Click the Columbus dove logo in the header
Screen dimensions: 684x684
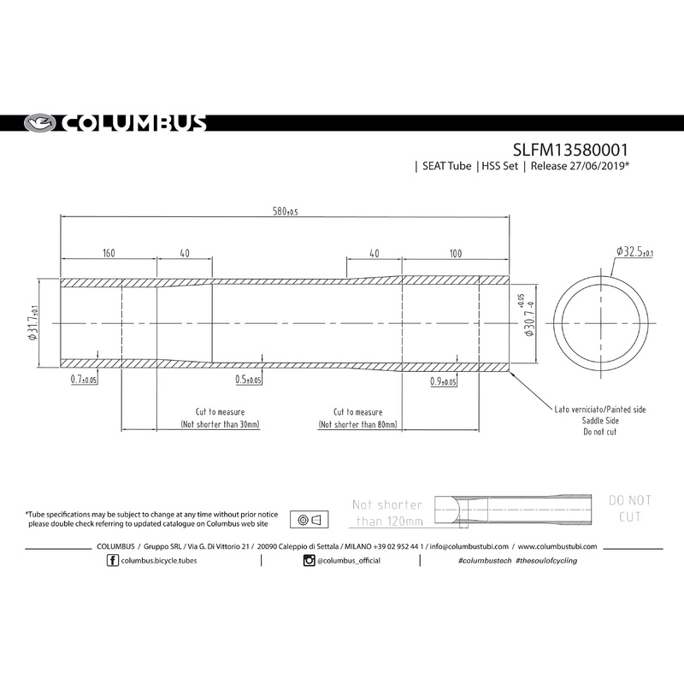pos(39,122)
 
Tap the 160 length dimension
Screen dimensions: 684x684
pos(108,254)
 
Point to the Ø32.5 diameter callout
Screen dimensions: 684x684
pos(634,251)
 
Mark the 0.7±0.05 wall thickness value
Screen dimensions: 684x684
pos(83,376)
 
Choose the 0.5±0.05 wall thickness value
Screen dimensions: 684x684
pos(249,379)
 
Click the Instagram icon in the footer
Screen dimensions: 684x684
pos(309,560)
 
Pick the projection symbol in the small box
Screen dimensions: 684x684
pos(310,520)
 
